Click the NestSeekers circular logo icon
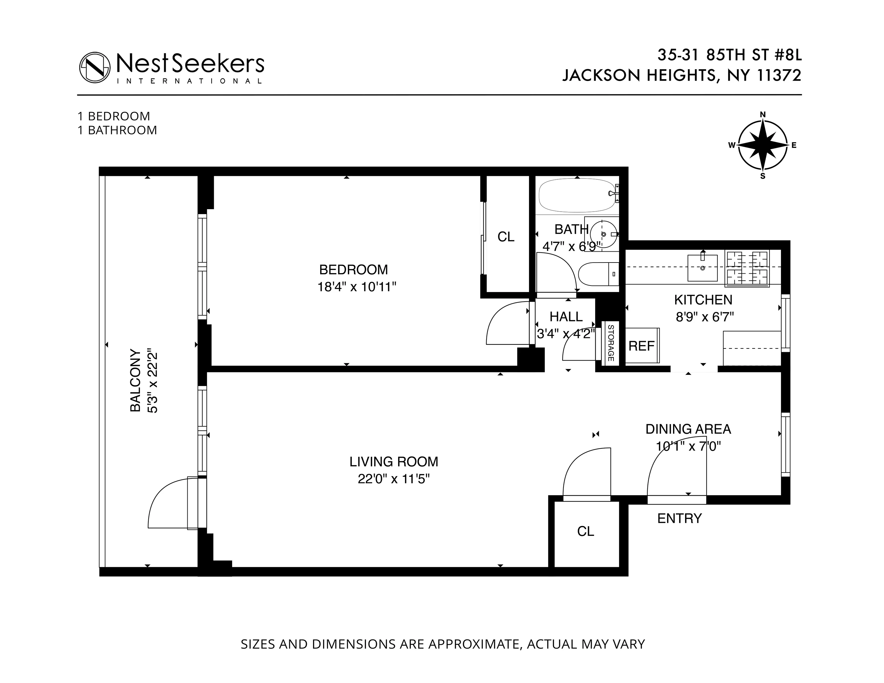coord(95,67)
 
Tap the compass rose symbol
coord(763,145)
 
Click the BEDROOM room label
coord(353,270)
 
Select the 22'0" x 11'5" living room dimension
coord(393,479)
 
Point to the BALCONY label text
coord(136,380)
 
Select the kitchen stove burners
coord(747,268)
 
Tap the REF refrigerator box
coord(642,346)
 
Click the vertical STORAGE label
coord(611,343)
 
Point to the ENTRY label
coord(679,518)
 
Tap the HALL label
coord(566,317)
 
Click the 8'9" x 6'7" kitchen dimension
coord(705,317)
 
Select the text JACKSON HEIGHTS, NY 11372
coord(682,76)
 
